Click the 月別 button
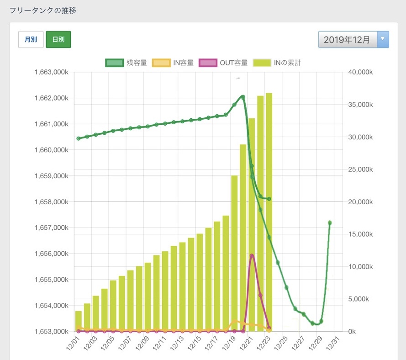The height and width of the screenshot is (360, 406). (31, 39)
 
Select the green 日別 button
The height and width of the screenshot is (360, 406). (58, 39)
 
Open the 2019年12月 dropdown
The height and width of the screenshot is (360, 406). (353, 39)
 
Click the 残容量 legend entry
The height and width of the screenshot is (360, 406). (126, 63)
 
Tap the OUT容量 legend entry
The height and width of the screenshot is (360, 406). (224, 63)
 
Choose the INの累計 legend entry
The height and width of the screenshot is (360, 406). (277, 63)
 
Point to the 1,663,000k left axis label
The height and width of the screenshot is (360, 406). (51, 72)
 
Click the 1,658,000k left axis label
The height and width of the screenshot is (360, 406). (51, 202)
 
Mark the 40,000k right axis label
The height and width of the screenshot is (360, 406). (360, 72)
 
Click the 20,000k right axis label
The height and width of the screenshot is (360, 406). (360, 202)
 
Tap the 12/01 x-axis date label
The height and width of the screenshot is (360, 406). (73, 342)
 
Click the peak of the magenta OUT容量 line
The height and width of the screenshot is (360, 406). (252, 255)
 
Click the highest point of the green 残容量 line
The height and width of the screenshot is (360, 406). (243, 97)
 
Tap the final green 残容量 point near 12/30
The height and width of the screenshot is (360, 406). (330, 222)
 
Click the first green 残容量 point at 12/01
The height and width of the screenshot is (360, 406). (79, 138)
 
